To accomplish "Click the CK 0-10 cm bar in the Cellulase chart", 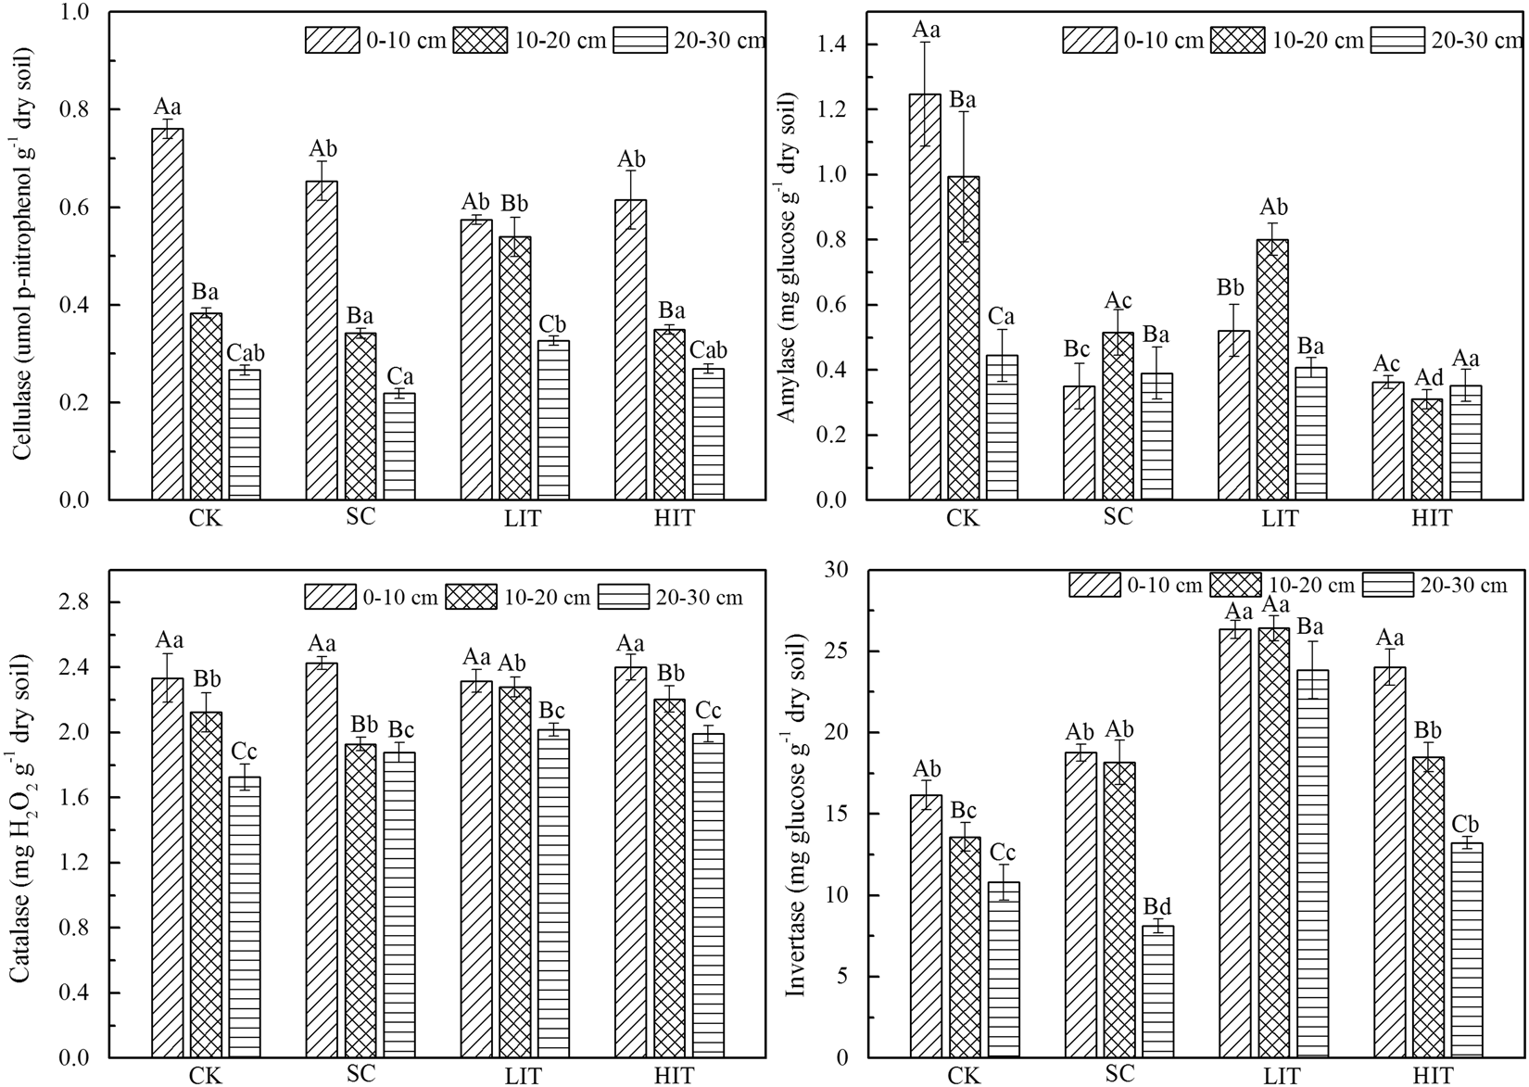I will coord(168,315).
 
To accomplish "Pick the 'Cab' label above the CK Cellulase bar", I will coord(245,353).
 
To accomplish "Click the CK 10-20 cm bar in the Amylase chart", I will coord(964,338).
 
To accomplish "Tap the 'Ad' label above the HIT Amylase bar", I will coord(1428,378).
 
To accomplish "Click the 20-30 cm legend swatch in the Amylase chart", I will coord(1396,40).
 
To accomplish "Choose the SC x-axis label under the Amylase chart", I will coord(1119,517).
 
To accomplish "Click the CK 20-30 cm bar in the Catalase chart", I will coord(245,917).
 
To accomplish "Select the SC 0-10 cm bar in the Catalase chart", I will coord(322,861).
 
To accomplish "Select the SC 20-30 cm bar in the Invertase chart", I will coord(1158,992).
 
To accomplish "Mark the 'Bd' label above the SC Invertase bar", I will coord(1157,904).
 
